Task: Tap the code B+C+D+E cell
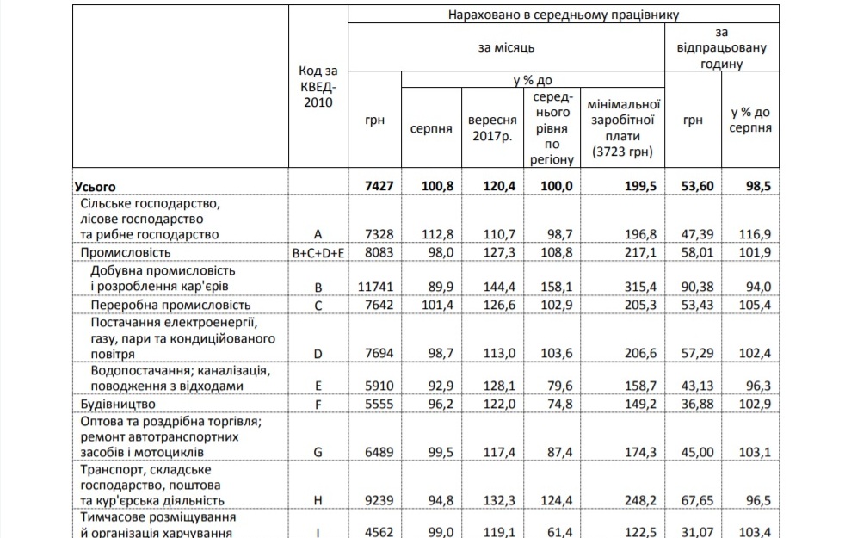(318, 253)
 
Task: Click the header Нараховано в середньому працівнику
(564, 15)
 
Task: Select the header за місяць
(507, 49)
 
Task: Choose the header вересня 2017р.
(492, 128)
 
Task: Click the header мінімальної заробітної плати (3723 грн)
(623, 128)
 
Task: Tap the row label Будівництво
(118, 404)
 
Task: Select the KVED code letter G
(318, 451)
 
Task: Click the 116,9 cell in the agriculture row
(754, 233)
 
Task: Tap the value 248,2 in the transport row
(636, 500)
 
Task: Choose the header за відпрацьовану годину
(722, 48)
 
